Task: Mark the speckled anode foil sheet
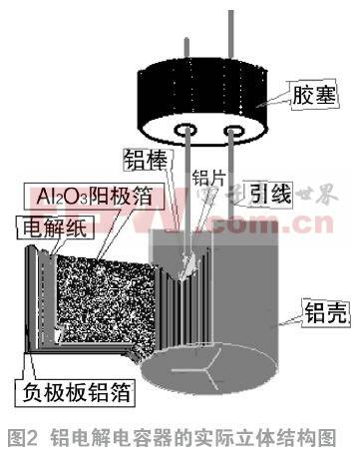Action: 100,289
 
